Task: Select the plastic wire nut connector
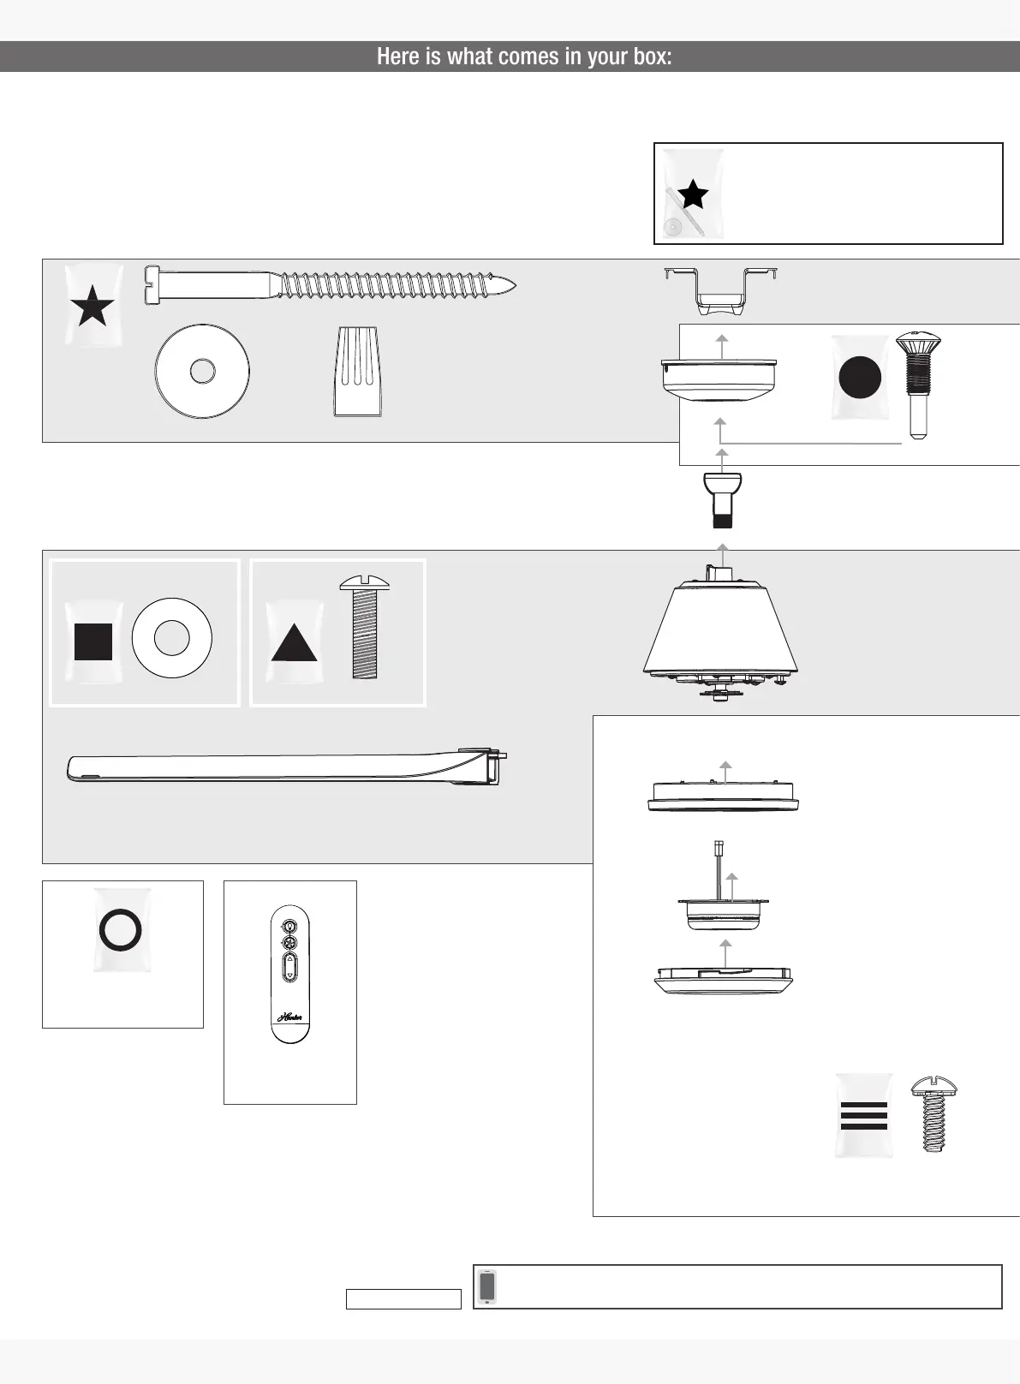[x=357, y=372]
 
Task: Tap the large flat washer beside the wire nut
[x=202, y=372]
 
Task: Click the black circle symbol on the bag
[x=860, y=378]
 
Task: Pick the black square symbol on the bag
[x=93, y=642]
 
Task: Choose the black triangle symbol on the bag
[x=295, y=642]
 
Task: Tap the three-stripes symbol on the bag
[x=864, y=1116]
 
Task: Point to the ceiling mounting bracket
[x=720, y=287]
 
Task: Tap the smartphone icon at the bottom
[x=487, y=1286]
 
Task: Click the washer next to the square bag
[x=171, y=638]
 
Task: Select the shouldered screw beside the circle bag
[x=918, y=385]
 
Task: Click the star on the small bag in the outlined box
[x=693, y=194]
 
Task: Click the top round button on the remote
[x=289, y=927]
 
